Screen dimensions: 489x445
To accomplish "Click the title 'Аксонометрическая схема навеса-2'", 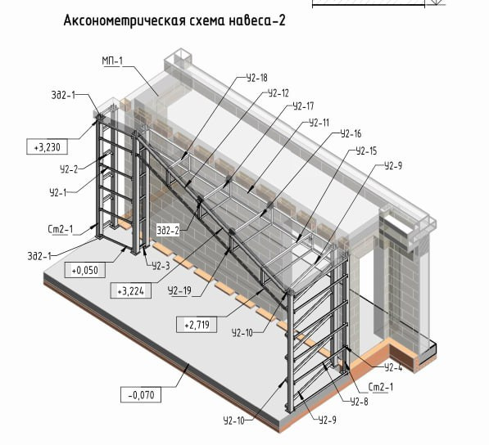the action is point(174,20).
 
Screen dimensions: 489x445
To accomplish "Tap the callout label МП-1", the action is point(112,61).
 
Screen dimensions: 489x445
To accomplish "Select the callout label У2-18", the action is point(257,78).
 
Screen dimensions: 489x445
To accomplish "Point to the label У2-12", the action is point(278,93).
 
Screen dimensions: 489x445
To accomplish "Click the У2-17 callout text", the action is point(303,106).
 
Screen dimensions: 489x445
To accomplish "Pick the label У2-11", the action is point(319,123).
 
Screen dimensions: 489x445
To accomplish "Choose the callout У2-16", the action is point(351,133).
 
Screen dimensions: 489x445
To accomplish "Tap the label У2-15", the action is point(366,151).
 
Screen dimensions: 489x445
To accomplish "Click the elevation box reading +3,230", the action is point(47,146).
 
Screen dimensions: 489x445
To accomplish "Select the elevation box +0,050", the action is point(85,270).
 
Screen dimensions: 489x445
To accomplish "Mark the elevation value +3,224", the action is point(131,291).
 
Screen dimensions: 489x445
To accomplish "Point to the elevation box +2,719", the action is point(197,325).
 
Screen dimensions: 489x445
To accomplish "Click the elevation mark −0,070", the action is point(141,395).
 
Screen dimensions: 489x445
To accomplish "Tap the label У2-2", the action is point(69,169).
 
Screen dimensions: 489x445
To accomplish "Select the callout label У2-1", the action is point(58,192).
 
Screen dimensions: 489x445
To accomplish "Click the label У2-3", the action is point(161,266).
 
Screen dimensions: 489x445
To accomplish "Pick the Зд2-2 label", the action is point(168,231).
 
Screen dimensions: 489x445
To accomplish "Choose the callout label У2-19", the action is point(179,290).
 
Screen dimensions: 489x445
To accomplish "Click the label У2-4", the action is point(393,368).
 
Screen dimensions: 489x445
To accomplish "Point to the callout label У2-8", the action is point(359,402).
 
